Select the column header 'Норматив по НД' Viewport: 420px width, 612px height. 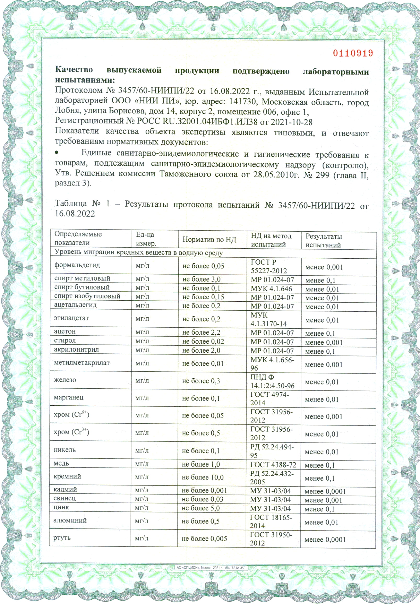[209, 240]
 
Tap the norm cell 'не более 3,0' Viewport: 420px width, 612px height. [201, 279]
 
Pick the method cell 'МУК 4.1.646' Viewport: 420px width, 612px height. [271, 289]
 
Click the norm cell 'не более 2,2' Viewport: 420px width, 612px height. [201, 332]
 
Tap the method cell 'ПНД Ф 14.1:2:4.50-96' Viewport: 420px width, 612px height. [272, 381]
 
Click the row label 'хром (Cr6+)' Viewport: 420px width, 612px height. [71, 415]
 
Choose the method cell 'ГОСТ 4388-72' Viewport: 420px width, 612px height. [273, 465]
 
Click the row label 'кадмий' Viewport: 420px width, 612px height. [65, 489]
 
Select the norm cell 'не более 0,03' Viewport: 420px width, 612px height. [202, 499]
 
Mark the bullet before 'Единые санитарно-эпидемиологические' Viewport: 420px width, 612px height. [56, 153]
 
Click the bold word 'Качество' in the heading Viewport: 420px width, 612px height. [74, 69]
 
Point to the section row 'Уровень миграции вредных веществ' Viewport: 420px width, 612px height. [138, 253]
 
